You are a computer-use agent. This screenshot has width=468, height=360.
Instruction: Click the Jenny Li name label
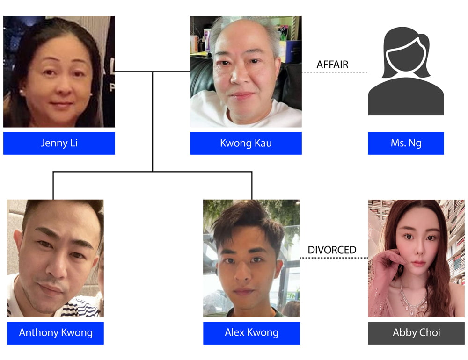click(59, 143)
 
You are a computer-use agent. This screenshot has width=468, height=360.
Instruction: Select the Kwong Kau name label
click(246, 143)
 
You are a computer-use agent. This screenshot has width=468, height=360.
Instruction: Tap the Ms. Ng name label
click(406, 143)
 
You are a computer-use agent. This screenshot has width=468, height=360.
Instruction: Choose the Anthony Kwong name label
click(55, 333)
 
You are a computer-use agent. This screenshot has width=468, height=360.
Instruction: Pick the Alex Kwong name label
click(251, 333)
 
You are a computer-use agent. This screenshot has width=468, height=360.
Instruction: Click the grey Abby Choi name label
click(416, 333)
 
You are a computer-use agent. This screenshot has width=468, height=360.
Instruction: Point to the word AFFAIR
click(332, 65)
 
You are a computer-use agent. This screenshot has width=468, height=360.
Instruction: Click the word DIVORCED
click(332, 250)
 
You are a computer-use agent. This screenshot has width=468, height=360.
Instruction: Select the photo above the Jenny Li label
click(59, 72)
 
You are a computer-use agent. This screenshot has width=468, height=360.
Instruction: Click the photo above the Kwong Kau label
click(246, 72)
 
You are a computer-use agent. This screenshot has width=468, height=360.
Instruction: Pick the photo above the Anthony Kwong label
click(55, 258)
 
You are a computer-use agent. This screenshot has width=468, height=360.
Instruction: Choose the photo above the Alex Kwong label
click(251, 258)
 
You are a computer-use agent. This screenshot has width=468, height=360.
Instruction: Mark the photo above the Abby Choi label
click(416, 258)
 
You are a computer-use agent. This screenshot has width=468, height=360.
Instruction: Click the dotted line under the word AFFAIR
click(335, 73)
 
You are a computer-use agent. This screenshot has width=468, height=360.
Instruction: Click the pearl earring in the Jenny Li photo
click(22, 93)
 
